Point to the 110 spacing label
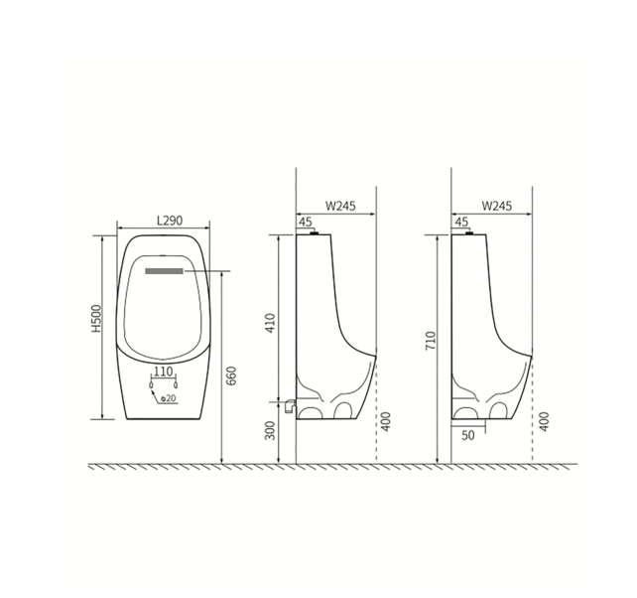(164, 371)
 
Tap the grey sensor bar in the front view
(165, 269)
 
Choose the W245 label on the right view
(496, 206)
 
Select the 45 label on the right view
(461, 223)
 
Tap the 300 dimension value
(271, 431)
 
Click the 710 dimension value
(430, 341)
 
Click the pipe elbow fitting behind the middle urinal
(290, 405)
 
